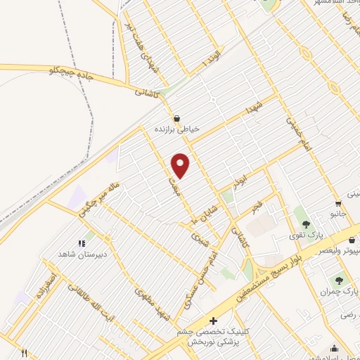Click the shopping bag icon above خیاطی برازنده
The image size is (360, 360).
click(176, 117)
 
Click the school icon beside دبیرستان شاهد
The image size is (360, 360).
click(89, 243)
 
